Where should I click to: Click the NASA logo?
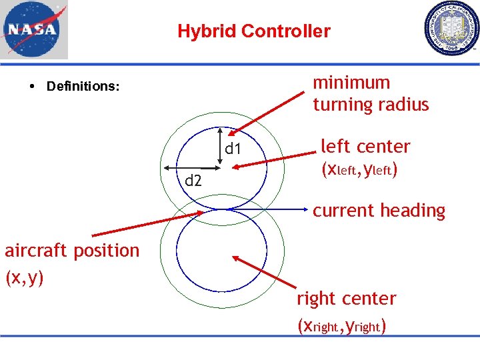click(x=34, y=30)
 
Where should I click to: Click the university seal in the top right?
click(x=451, y=29)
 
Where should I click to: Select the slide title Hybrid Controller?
click(x=253, y=31)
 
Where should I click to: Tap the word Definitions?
click(x=83, y=87)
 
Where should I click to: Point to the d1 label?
click(x=233, y=149)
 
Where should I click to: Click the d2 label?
click(x=193, y=180)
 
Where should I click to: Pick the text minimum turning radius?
click(x=371, y=93)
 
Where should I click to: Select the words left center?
click(x=365, y=146)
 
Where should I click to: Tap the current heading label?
click(x=379, y=211)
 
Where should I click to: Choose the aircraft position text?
click(x=72, y=251)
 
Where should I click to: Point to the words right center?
click(x=346, y=298)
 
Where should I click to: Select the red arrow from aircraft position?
click(x=147, y=223)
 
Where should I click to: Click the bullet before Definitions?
click(x=32, y=87)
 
